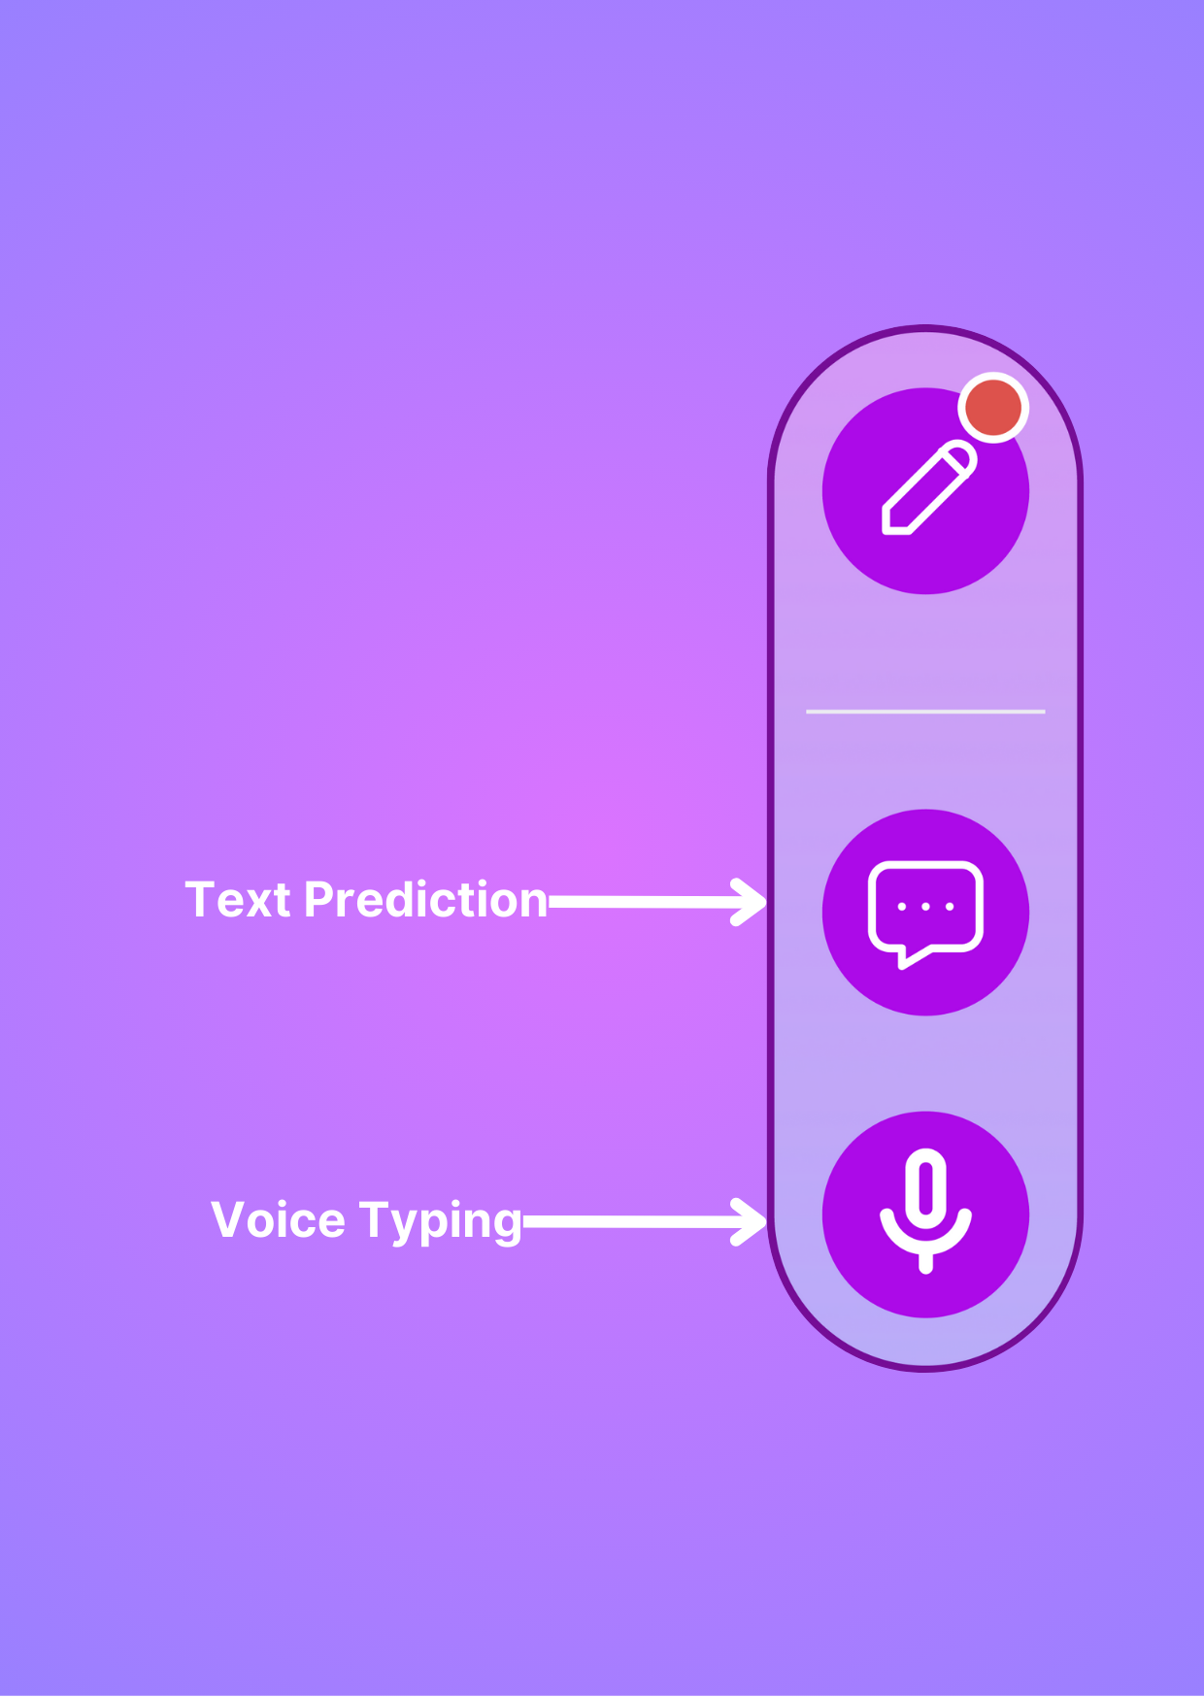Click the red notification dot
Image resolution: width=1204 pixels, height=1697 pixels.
click(x=993, y=408)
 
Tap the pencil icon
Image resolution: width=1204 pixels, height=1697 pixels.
click(x=928, y=487)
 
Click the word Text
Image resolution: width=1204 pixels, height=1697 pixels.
click(x=238, y=900)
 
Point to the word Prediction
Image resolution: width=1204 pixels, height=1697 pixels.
click(x=426, y=899)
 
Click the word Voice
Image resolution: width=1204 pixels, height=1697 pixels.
click(x=278, y=1220)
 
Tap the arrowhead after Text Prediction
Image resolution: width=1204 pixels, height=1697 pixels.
click(x=750, y=903)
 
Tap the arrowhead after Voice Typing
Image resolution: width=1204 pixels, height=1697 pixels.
click(x=750, y=1222)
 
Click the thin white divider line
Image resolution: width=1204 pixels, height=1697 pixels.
click(x=925, y=712)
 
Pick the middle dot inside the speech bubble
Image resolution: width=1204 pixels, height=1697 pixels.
click(x=925, y=907)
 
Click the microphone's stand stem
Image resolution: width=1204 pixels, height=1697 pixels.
click(x=925, y=1260)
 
